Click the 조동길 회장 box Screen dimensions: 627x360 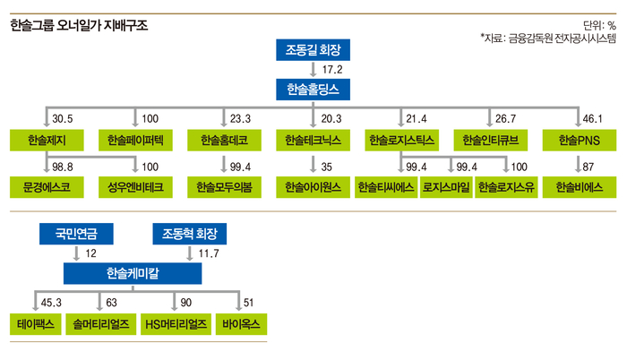pos(313,48)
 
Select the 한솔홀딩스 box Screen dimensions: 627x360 pos(313,88)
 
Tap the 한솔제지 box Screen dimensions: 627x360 pos(46,141)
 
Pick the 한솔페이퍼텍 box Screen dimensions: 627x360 pos(134,141)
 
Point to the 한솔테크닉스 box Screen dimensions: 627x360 pos(313,141)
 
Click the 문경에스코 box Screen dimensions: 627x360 pos(46,188)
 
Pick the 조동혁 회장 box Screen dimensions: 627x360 pos(189,235)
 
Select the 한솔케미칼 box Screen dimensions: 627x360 pos(133,272)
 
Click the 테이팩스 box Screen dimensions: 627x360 pos(33,322)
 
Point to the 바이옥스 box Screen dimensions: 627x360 pos(239,322)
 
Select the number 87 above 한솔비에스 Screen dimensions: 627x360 pos(589,167)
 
